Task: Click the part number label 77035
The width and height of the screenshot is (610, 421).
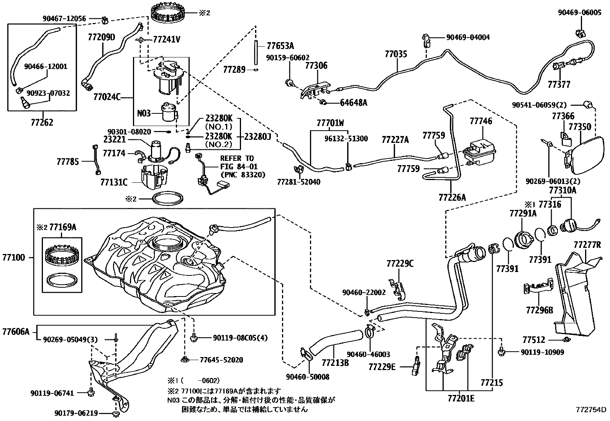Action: click(396, 54)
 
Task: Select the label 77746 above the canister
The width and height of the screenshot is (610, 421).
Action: click(481, 121)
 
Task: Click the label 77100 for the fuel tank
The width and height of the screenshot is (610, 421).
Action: click(13, 257)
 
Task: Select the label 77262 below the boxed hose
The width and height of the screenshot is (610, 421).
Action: click(42, 123)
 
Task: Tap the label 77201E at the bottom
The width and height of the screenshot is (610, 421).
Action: click(461, 399)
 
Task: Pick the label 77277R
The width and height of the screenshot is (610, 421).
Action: click(587, 245)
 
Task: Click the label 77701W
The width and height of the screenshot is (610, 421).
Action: click(330, 123)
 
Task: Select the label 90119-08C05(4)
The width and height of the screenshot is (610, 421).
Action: click(240, 338)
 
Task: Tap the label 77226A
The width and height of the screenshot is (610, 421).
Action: click(452, 197)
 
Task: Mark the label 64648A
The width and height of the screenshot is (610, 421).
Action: click(353, 102)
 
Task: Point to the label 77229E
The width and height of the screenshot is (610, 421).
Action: click(382, 367)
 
